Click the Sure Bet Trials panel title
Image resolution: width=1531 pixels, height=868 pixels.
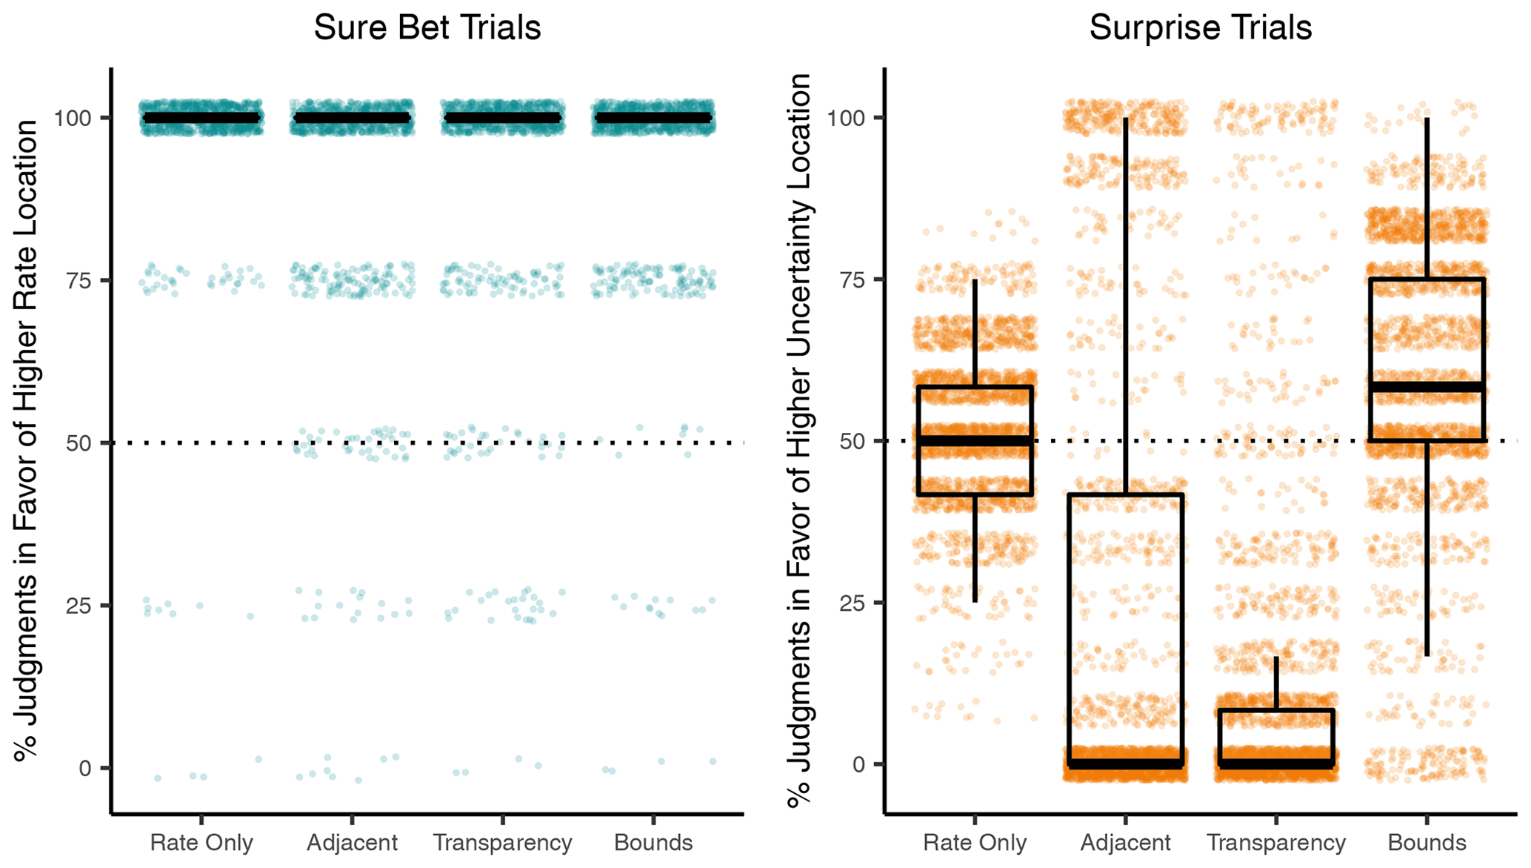pos(427,27)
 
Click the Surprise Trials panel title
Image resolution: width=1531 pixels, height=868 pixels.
pos(1200,27)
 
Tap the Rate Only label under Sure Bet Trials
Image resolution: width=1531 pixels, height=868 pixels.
pos(201,843)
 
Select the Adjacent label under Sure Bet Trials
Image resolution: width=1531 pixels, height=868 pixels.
pos(352,843)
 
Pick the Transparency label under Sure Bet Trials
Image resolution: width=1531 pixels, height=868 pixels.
pos(502,843)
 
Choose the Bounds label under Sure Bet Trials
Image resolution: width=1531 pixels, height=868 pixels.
pos(653,843)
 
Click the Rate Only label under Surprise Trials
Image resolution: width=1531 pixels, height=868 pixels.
pos(975,843)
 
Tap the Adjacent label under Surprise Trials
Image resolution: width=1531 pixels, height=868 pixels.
pos(1125,843)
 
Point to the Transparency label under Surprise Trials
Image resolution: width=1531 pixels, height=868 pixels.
pos(1275,843)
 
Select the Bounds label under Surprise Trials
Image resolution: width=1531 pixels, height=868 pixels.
pos(1427,843)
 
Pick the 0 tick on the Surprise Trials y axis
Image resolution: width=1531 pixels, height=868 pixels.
pos(859,764)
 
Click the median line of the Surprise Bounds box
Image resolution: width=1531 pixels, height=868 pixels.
pos(1427,387)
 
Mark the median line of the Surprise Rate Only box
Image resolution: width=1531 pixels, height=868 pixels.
pos(975,441)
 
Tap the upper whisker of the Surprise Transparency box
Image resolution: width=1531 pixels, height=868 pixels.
pos(1276,683)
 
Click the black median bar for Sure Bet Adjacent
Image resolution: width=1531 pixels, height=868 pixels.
pos(352,118)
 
